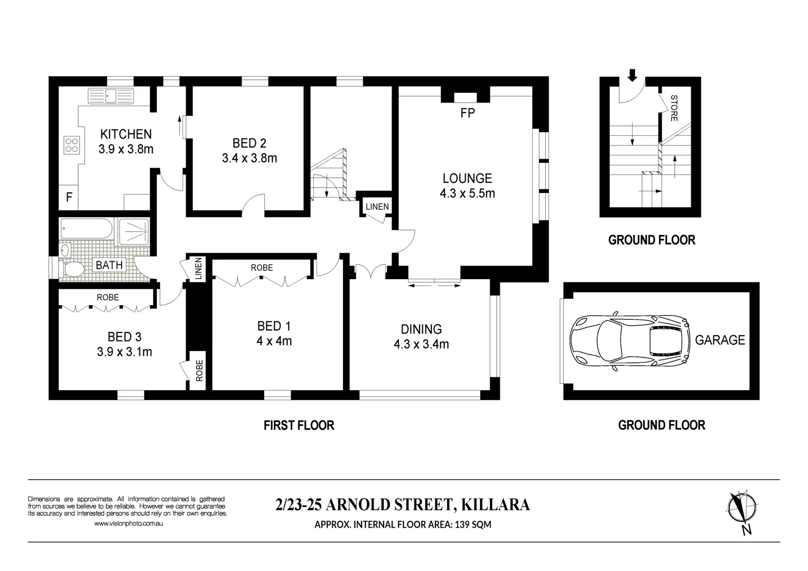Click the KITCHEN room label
126,134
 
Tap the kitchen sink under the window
111,96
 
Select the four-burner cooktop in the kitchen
72,144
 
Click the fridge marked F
69,198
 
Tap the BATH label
109,265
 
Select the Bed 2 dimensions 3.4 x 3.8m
249,158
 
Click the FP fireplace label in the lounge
467,113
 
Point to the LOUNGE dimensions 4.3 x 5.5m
467,194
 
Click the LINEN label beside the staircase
377,207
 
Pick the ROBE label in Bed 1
262,268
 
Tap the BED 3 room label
124,337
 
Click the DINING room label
421,329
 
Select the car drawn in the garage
629,340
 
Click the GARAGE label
720,340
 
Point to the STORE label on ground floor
674,108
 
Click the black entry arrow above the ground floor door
632,76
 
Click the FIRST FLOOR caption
299,425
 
